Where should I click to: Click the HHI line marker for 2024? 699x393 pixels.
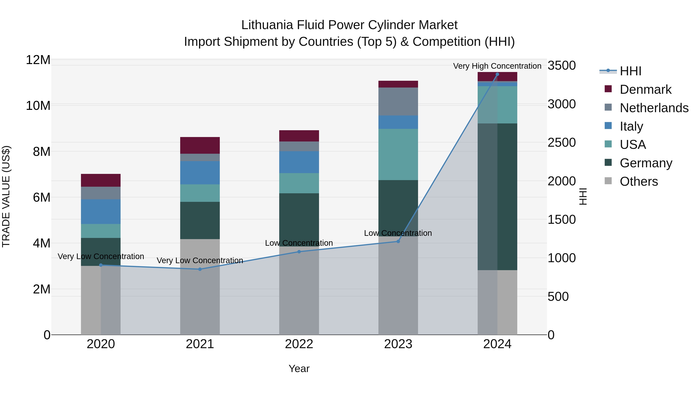coord(497,74)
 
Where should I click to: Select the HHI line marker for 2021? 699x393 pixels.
coord(200,269)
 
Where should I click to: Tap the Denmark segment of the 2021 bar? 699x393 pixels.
coord(200,145)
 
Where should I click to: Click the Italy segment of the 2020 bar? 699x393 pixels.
coord(101,212)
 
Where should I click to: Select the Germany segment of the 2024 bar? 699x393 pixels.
coord(497,196)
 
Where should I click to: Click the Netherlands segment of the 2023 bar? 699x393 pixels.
coord(398,102)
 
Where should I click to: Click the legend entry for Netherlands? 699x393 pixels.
coord(654,108)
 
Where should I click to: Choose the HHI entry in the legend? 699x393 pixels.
coord(630,71)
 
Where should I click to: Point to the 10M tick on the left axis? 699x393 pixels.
coord(38,106)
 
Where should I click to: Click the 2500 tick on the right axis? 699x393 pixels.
coord(561,143)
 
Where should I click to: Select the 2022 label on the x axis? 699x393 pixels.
coord(299,344)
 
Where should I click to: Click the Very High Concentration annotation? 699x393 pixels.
coord(497,66)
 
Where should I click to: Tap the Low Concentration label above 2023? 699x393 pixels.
coord(398,233)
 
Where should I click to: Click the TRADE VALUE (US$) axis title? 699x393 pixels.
coord(6,196)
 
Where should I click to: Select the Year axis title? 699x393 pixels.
coord(299,369)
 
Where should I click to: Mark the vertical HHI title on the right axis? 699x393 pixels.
coord(582,196)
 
